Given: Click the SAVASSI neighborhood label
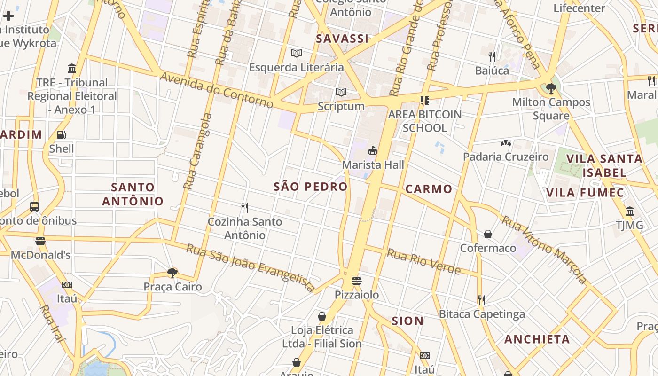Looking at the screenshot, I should (x=342, y=39).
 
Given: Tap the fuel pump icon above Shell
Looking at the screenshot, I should (x=62, y=135).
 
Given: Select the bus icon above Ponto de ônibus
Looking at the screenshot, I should (x=34, y=206).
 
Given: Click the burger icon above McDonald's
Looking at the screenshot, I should (x=40, y=241).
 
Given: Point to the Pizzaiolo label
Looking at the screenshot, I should (x=357, y=295).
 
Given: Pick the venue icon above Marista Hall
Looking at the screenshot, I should (x=373, y=151).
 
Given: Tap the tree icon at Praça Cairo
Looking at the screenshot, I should (x=172, y=273).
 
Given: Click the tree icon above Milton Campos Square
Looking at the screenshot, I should (x=551, y=88).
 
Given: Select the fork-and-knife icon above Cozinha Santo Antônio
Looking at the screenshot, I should (x=244, y=207).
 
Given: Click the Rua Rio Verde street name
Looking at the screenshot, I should (x=423, y=262).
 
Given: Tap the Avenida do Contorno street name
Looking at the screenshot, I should (x=217, y=90).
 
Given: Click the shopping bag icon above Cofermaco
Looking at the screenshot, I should (x=488, y=234).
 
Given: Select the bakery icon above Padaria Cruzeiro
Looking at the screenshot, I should (x=506, y=142).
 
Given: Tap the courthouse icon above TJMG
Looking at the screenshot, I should (x=630, y=211).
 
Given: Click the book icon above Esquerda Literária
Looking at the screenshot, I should (x=296, y=53).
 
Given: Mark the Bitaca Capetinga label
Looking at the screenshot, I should (x=482, y=314).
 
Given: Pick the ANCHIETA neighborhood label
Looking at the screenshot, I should (x=537, y=339).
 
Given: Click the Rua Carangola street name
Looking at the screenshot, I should (x=197, y=151).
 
